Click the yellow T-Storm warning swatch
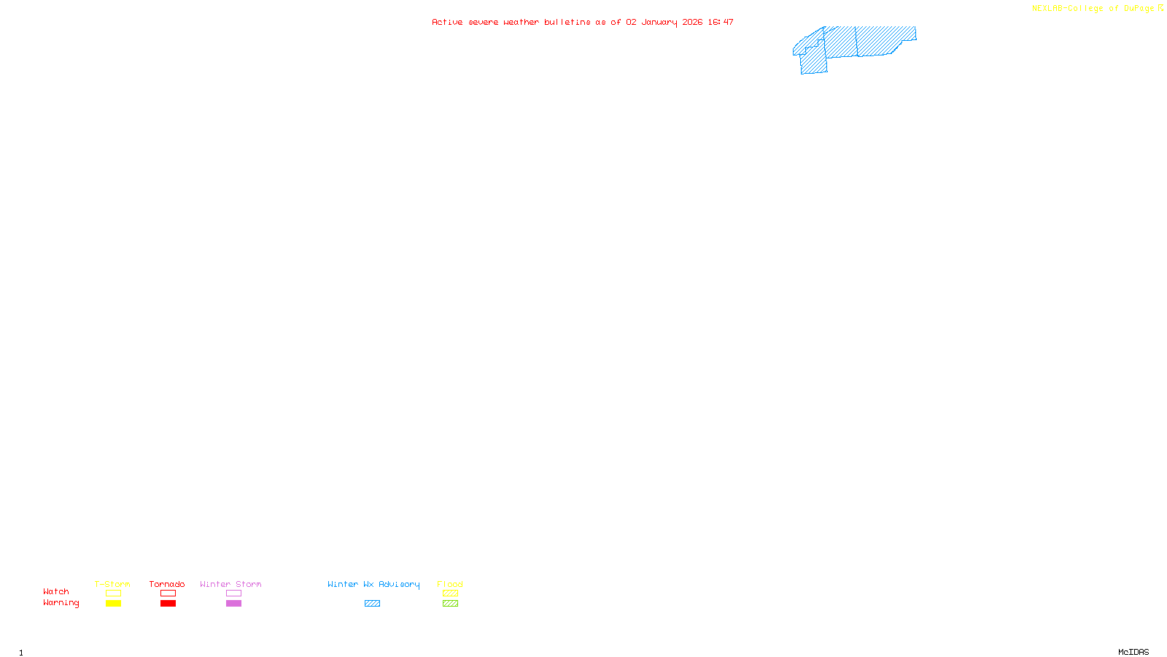(113, 604)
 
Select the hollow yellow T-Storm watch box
(113, 593)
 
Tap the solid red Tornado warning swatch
(168, 604)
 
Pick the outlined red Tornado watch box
(168, 593)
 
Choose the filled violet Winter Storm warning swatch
(233, 604)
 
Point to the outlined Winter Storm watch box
(233, 593)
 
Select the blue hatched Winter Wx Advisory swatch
(372, 604)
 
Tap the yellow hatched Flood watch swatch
(450, 593)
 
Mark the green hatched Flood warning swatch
(450, 604)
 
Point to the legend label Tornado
(167, 584)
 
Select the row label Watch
(56, 591)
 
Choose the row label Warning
(61, 603)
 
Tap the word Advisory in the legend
(399, 584)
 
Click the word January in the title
(659, 22)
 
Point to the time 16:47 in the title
(720, 22)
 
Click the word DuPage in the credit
(1139, 9)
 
